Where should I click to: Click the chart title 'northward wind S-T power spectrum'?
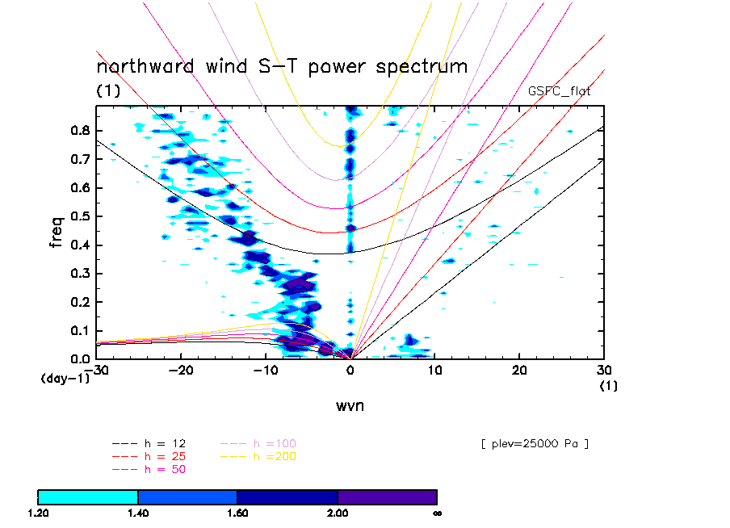[x=282, y=66]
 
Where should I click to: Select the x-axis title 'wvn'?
[x=350, y=405]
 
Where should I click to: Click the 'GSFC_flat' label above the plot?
[x=559, y=91]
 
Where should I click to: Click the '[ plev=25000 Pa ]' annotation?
[x=533, y=443]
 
